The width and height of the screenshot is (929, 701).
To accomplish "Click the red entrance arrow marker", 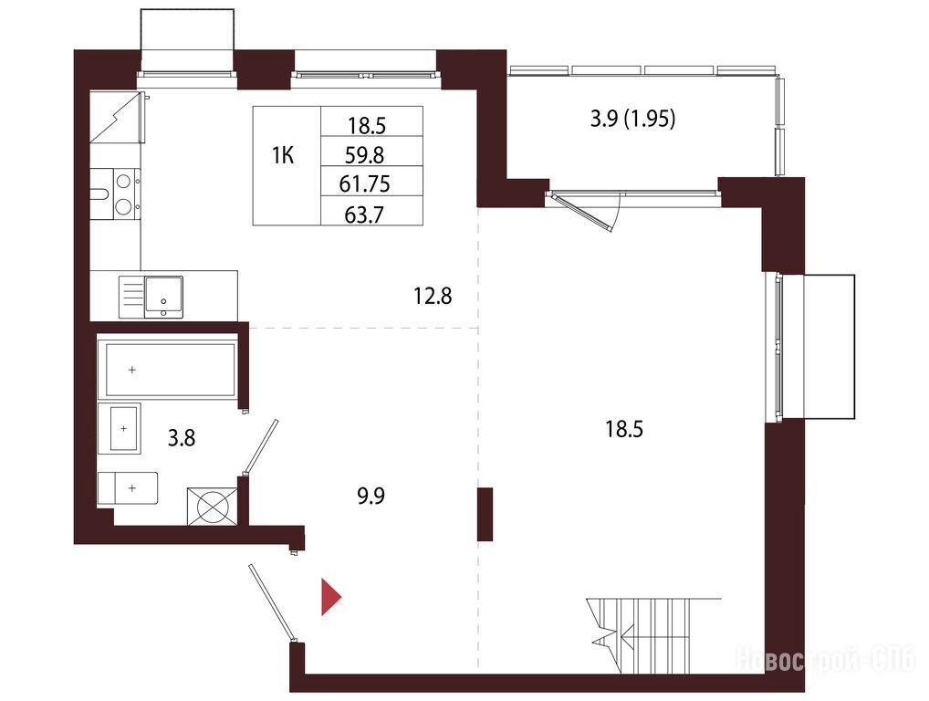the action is tap(330, 597).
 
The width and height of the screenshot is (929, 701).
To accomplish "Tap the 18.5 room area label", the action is tap(624, 428).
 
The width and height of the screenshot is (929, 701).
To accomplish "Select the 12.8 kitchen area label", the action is tap(433, 295).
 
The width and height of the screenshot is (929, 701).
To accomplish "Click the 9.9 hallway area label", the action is tap(371, 496).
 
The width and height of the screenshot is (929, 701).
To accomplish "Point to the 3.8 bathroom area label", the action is tap(182, 438).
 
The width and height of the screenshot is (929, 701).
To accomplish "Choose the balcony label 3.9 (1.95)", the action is tap(632, 119).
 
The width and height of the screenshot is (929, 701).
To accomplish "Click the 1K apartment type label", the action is tap(283, 156).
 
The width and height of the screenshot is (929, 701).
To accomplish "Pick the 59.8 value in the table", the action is tap(364, 155).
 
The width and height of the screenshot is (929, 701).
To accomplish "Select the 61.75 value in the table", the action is tap(364, 184).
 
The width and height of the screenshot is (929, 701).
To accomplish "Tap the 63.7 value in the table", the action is tap(364, 214).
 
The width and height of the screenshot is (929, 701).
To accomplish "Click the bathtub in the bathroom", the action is tap(170, 370).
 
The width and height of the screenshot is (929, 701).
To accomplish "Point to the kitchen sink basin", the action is tap(164, 296).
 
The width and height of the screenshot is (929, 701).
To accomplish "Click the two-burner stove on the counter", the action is tap(124, 194).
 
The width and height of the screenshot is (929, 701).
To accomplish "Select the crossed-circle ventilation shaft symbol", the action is tap(212, 506).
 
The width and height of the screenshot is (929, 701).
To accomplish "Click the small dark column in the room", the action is tap(485, 514).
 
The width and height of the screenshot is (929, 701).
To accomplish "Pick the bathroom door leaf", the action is tap(259, 447).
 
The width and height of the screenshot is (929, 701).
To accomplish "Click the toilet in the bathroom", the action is tap(128, 487).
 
